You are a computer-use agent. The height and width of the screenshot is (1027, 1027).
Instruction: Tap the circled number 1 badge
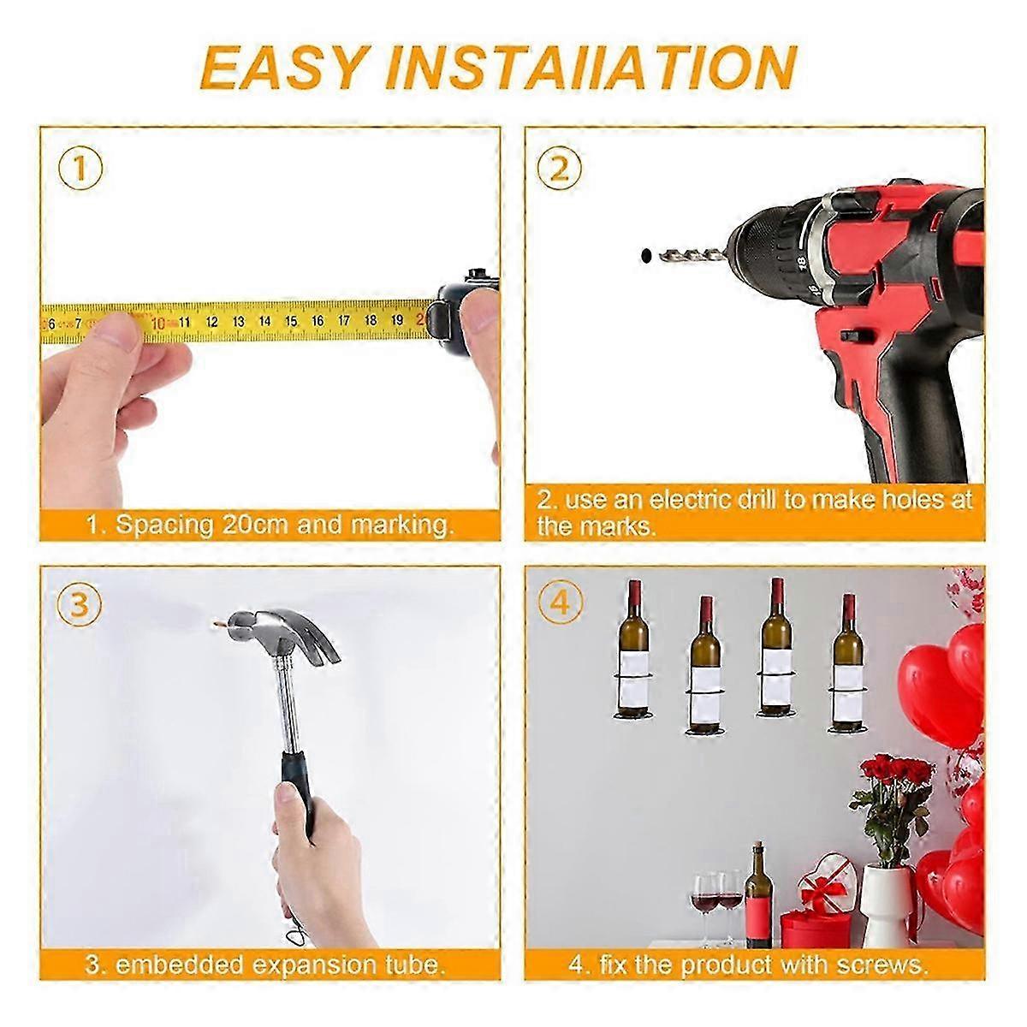pyautogui.click(x=80, y=169)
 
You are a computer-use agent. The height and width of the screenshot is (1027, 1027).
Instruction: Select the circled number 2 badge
pyautogui.click(x=559, y=169)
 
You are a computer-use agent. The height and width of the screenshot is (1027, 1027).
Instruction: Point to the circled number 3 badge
pyautogui.click(x=79, y=605)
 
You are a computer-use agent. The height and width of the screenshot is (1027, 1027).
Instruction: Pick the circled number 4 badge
pyautogui.click(x=560, y=605)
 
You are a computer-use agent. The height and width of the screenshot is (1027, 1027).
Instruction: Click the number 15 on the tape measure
pyautogui.click(x=291, y=321)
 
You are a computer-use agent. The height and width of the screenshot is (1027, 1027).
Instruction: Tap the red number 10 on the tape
pyautogui.click(x=158, y=323)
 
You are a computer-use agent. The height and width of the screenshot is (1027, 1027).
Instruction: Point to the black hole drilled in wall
pyautogui.click(x=646, y=255)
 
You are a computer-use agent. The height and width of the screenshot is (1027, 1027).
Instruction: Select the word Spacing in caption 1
pyautogui.click(x=163, y=525)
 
